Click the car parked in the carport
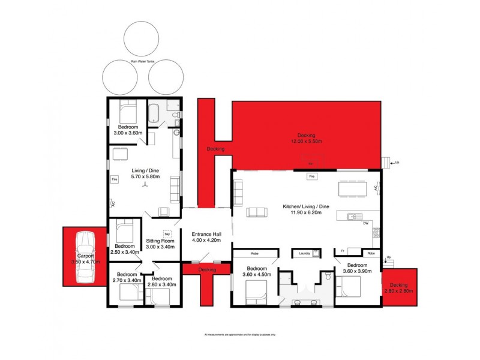[86, 256]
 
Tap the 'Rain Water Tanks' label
[142, 61]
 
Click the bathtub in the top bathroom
[155, 113]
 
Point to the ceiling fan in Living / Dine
[144, 185]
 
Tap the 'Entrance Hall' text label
[206, 234]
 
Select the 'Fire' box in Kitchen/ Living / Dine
[311, 177]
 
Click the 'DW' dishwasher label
[365, 223]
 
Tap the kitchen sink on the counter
[352, 216]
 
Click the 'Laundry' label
[305, 253]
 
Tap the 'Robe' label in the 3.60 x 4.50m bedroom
[254, 253]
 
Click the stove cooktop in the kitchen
[375, 230]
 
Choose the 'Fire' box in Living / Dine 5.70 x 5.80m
[114, 179]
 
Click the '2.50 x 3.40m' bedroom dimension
[125, 252]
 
